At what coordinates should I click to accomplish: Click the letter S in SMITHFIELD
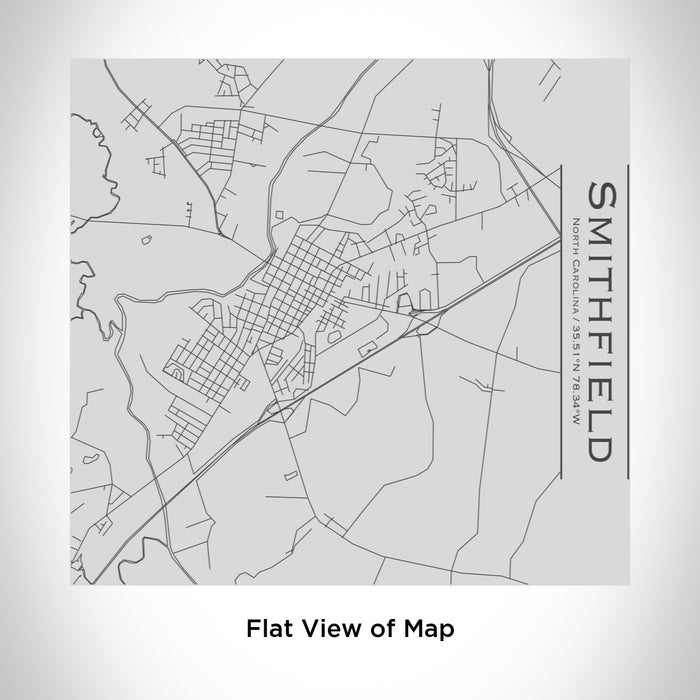coord(603,194)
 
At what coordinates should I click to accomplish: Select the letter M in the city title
coord(603,224)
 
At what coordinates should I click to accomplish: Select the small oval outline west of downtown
coord(146,239)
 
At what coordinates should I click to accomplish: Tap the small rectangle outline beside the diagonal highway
coord(368,347)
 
